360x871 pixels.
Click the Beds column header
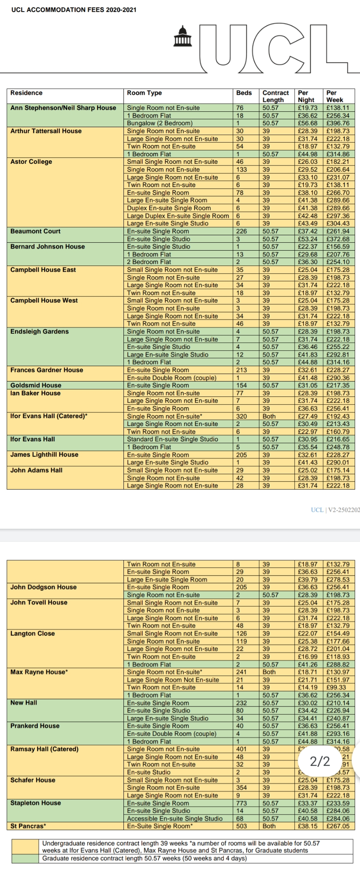coord(244,93)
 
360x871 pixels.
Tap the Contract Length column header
coord(275,96)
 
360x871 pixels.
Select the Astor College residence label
coord(31,162)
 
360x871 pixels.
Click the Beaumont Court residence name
coord(35,231)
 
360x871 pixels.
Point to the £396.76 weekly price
coord(338,123)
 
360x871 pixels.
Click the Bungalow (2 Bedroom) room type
coord(160,123)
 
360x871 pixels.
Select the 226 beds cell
coord(242,231)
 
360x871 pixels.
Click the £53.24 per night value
coord(308,239)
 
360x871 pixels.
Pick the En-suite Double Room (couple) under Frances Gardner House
coord(172,378)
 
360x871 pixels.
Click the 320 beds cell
coord(242,416)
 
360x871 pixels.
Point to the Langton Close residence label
coord(32,633)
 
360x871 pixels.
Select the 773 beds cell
coord(242,803)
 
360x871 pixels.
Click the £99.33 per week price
coord(336,687)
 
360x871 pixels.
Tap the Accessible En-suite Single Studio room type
coord(175,819)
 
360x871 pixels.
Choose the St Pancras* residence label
coord(28,826)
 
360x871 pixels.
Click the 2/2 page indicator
coord(320,761)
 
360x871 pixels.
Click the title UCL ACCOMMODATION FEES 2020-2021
coord(74,10)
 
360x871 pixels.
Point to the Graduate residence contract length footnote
coord(144,858)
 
